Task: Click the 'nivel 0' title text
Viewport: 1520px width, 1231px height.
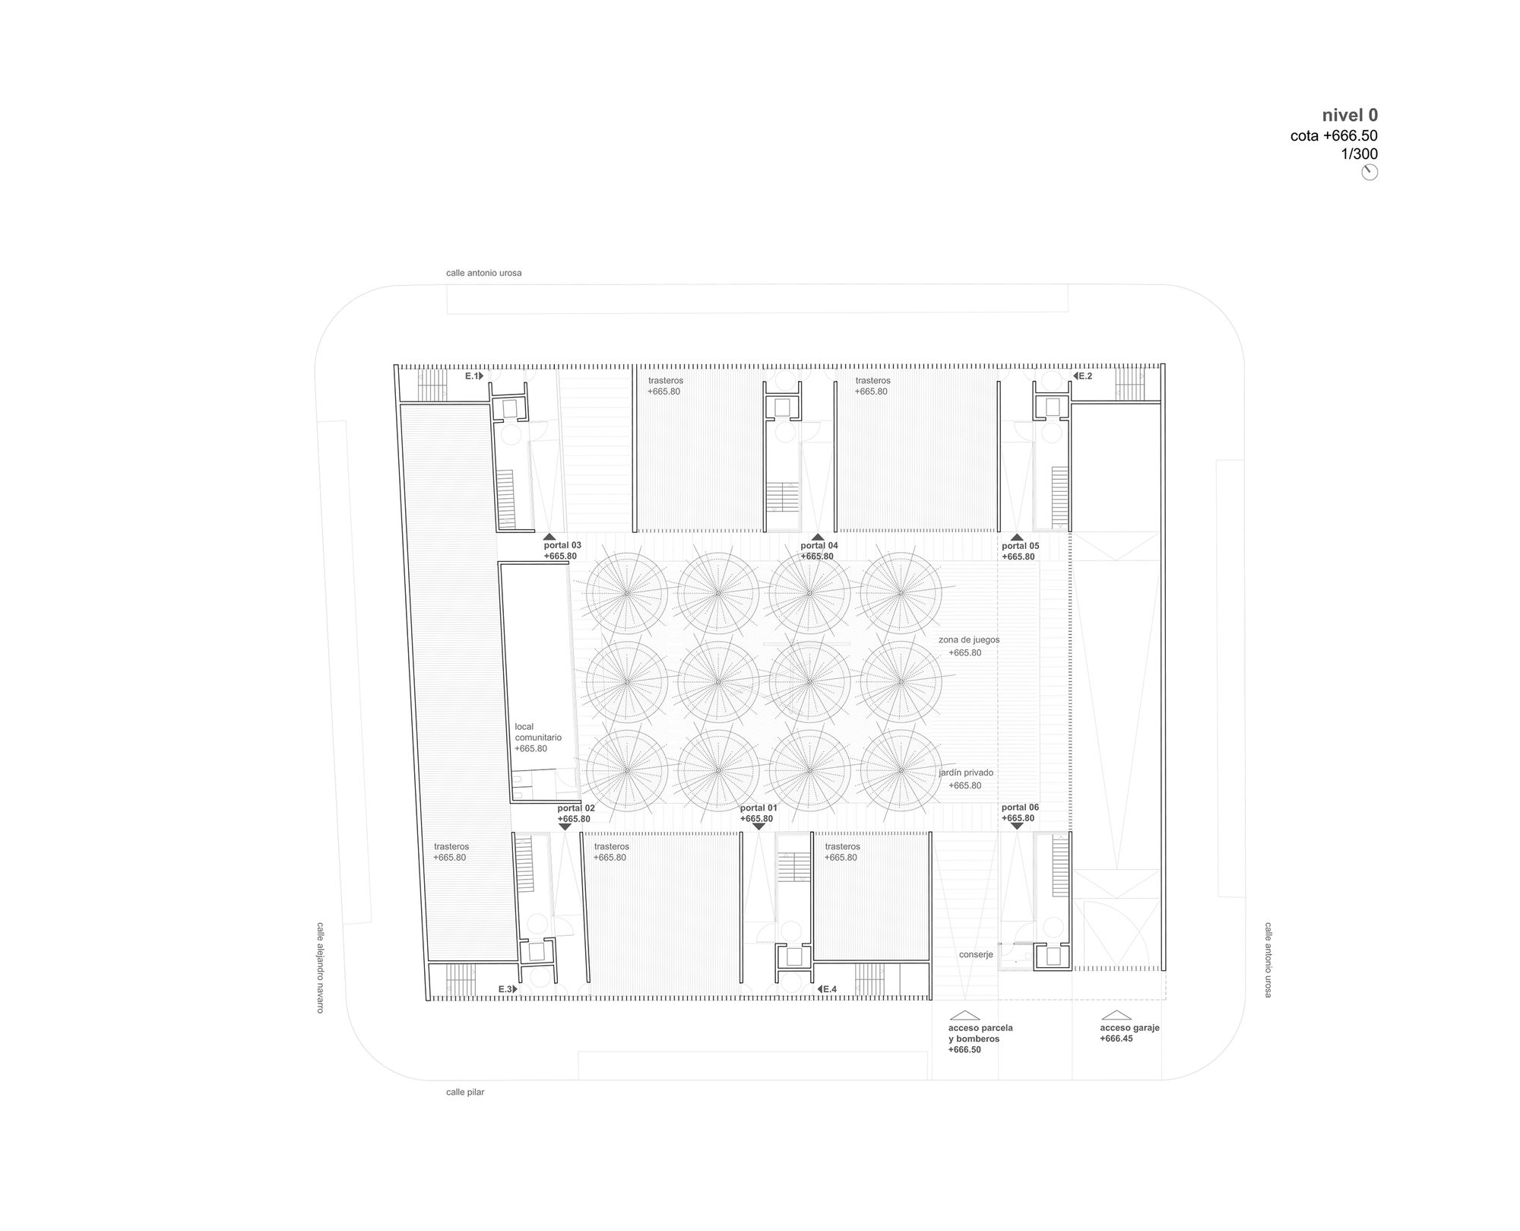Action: click(1350, 116)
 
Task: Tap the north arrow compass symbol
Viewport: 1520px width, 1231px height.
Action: click(1370, 173)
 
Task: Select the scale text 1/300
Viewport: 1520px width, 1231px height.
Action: click(1359, 154)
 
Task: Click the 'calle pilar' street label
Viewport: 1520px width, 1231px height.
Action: click(465, 1093)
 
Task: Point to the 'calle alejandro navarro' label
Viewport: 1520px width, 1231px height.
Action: click(320, 967)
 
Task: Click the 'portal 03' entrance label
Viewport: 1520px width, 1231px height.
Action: click(562, 545)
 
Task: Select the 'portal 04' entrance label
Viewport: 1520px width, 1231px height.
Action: click(819, 545)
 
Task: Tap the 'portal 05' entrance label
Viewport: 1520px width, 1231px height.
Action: click(1020, 546)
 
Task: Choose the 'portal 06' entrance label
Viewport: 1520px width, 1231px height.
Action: click(1020, 807)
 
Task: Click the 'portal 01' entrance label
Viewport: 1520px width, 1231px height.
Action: click(759, 807)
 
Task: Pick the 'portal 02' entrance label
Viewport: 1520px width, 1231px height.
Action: click(576, 808)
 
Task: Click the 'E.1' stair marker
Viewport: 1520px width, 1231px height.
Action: click(472, 376)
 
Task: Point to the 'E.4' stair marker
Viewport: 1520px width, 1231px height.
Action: click(830, 989)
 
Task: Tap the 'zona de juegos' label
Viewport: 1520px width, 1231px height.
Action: click(969, 640)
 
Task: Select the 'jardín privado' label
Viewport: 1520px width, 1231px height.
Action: click(965, 773)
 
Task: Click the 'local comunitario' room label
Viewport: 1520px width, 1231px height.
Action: click(538, 732)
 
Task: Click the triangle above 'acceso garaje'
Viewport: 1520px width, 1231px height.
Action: click(1117, 1015)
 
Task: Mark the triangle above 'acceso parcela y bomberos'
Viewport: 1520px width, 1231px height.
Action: click(964, 1015)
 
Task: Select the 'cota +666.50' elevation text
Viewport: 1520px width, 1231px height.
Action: click(1334, 136)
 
